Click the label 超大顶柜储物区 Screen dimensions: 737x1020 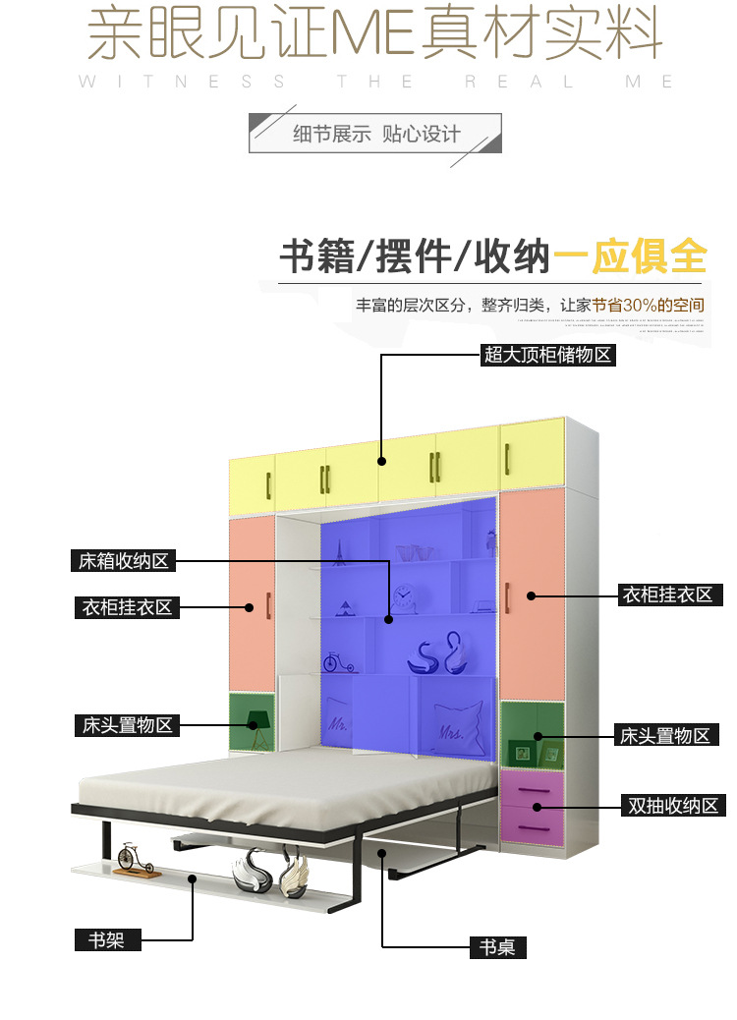547,355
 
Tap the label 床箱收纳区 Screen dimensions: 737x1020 124,561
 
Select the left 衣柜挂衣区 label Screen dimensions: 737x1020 127,607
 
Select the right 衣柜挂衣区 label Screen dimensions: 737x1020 666,595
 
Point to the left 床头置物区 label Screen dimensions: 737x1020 127,725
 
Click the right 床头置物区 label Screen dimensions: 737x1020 664,735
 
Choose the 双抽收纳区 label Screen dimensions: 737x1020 673,806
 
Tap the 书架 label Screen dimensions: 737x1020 107,939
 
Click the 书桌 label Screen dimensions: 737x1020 497,947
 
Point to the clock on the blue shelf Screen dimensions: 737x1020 403,596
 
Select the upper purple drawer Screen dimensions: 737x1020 532,788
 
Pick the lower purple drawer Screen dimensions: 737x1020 532,825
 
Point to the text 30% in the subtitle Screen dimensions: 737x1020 639,306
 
